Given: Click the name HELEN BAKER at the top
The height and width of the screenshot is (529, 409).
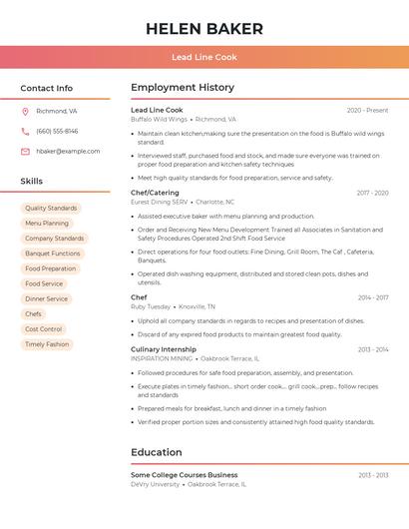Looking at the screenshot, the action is [x=204, y=29].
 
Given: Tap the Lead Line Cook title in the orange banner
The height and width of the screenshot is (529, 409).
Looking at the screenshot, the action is [x=204, y=57].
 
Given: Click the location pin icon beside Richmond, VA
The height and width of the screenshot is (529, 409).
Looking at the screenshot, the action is [x=25, y=112].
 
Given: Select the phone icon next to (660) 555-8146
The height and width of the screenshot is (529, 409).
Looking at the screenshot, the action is [x=25, y=132].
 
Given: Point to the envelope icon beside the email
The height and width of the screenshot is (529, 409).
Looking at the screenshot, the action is [x=25, y=152].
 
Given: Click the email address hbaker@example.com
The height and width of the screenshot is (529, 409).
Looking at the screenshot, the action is [x=68, y=152].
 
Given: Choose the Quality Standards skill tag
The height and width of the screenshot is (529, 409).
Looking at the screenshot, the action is [x=51, y=209].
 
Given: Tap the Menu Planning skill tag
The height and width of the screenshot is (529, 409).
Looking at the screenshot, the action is [x=47, y=224].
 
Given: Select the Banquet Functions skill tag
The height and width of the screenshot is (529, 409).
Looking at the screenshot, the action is [x=53, y=254].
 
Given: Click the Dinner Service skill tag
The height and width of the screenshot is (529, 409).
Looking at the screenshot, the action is [x=47, y=299].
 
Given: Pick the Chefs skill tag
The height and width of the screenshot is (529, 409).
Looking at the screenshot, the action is [x=34, y=314].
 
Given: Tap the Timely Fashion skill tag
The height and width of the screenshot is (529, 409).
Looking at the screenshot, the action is [x=47, y=344].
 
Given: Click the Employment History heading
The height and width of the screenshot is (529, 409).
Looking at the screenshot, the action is [x=183, y=88].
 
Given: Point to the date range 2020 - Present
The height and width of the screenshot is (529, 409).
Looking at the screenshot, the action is [x=367, y=111].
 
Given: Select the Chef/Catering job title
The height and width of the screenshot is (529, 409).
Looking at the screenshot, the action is [x=155, y=193].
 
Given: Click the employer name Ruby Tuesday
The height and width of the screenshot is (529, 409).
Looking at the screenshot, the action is [x=151, y=306].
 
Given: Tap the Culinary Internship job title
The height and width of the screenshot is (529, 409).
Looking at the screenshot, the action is [x=164, y=349].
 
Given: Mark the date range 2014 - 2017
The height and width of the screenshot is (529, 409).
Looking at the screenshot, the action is [x=372, y=297].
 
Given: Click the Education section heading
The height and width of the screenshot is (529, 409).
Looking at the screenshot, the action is [x=157, y=452].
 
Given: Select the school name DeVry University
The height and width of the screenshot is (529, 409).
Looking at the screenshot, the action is [x=155, y=484].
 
